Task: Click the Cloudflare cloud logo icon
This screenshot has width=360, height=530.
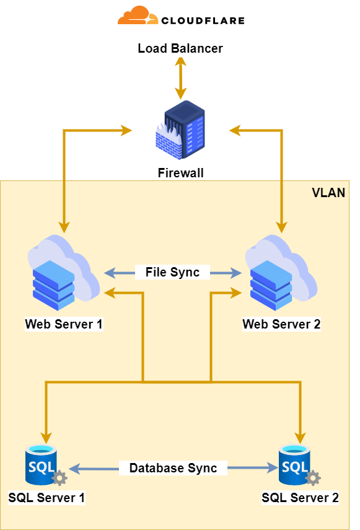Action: pos(136,16)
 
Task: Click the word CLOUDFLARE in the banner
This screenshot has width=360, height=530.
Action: pos(202,20)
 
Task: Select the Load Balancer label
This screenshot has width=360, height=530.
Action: pos(180,48)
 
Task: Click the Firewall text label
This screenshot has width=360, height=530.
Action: pos(180,173)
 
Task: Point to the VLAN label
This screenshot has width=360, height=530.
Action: pos(328,193)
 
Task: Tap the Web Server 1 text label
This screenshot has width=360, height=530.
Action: pos(64,324)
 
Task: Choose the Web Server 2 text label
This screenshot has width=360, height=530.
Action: pos(281,324)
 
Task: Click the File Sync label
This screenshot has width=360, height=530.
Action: pos(172,272)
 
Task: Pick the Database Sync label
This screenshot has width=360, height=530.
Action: pos(173,468)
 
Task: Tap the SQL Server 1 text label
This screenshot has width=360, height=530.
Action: pos(46,497)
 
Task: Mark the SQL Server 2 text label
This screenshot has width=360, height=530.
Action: pos(300,497)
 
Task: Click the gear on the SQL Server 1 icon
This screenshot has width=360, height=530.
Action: pos(59,478)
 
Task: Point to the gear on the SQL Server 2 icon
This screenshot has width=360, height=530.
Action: pos(313,478)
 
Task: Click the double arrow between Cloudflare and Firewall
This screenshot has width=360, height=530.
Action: pos(181,77)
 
